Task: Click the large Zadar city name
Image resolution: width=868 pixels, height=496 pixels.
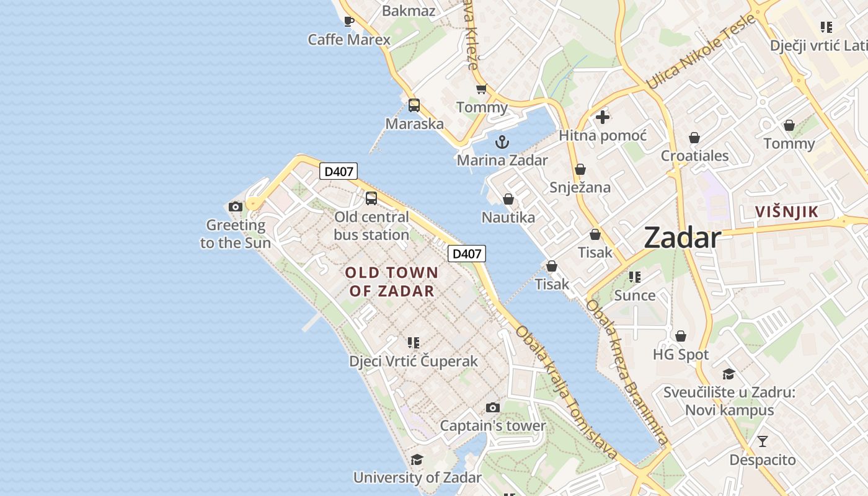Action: [x=682, y=238]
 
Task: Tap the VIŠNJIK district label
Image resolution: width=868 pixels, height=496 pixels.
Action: [x=787, y=212]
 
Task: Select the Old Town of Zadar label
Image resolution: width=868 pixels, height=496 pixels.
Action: [x=391, y=281]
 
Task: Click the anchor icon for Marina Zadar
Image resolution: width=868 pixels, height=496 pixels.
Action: [x=502, y=142]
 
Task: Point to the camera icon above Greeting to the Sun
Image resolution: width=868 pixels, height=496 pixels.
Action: [x=235, y=206]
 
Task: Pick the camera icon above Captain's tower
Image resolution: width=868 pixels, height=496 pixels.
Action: [x=493, y=407]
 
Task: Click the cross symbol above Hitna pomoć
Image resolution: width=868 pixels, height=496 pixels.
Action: [x=602, y=117]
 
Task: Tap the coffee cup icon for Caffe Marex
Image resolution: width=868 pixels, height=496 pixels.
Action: [x=349, y=22]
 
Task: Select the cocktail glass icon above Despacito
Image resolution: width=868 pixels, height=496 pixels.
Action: [x=763, y=441]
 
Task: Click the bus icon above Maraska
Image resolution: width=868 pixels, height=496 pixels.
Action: [x=414, y=105]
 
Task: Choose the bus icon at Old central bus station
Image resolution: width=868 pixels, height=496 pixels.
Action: [x=371, y=198]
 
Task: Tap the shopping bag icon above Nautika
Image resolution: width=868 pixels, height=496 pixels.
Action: [x=508, y=199]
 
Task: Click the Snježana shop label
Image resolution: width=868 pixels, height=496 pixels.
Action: [x=580, y=187]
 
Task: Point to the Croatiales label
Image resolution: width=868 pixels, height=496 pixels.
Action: [x=694, y=156]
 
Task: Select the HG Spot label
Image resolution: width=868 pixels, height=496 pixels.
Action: [x=680, y=355]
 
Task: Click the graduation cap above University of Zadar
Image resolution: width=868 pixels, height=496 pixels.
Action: [x=417, y=459]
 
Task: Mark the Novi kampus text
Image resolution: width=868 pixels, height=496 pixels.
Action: [x=729, y=410]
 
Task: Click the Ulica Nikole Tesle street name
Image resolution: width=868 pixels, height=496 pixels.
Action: [x=701, y=51]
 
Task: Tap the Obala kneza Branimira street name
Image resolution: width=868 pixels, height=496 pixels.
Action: [x=627, y=372]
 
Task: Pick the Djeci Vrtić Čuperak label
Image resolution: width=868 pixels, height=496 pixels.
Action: [x=414, y=361]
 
